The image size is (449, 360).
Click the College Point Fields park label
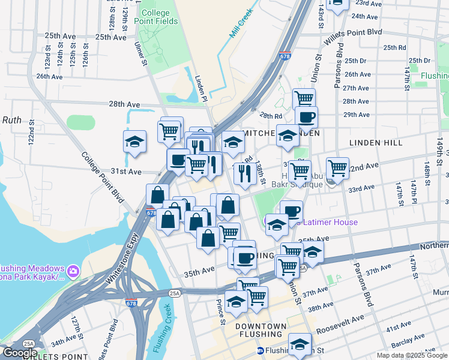[160, 17]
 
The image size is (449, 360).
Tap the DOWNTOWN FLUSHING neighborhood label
[261, 330]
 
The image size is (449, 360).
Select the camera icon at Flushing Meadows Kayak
[73, 271]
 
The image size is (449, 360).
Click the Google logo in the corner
[20, 353]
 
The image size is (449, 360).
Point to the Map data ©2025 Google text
[411, 355]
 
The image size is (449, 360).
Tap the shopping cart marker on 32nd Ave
[338, 168]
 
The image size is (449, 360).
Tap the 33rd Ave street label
[362, 188]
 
